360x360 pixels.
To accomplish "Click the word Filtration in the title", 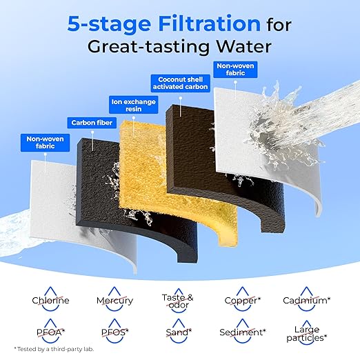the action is [210, 23].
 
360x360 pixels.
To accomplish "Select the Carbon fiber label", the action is [92, 123].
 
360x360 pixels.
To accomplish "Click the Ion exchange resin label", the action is [134, 105].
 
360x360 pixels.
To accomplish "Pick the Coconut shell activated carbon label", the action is [181, 83].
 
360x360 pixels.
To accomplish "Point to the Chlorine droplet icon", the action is [50, 299].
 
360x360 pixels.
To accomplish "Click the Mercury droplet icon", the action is [114, 299].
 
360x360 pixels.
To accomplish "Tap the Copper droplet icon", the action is [242, 299].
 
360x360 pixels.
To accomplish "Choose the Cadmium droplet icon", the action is [306, 299].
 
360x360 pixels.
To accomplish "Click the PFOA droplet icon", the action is [50, 331].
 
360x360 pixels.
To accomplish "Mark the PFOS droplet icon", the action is [114, 331].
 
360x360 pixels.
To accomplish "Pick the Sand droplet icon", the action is [179, 331].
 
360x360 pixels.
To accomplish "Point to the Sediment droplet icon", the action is [243, 331].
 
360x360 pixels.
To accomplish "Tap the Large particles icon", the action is [306, 332].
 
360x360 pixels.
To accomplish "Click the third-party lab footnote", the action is [54, 349].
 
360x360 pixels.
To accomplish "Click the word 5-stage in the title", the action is [109, 23].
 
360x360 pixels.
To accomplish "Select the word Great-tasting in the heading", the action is [148, 47].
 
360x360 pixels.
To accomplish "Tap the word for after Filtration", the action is [279, 25].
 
